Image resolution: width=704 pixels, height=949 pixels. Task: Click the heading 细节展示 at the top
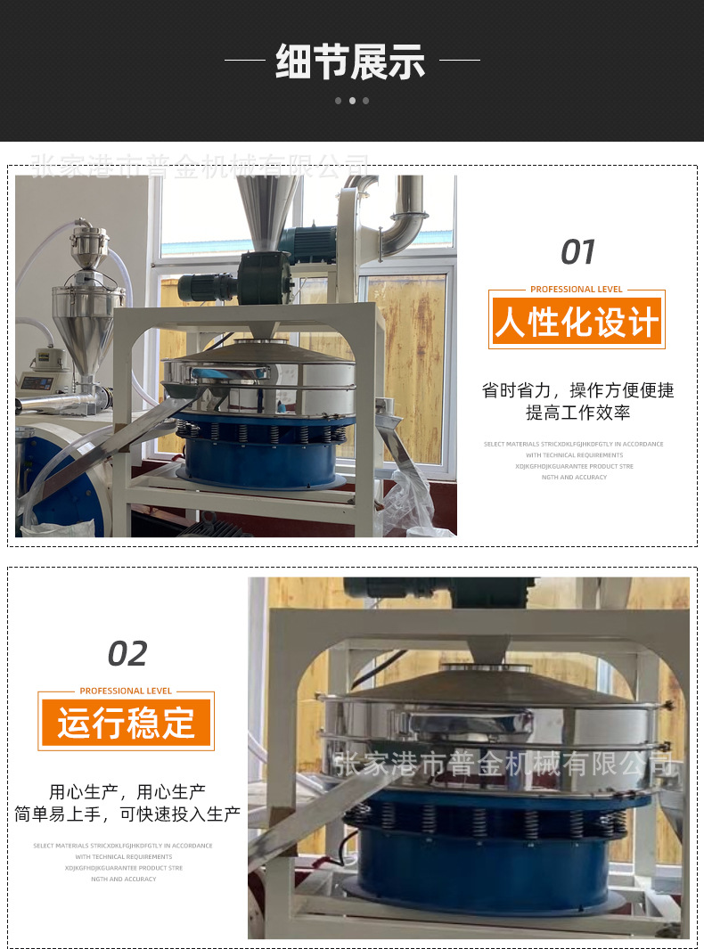tap(351, 61)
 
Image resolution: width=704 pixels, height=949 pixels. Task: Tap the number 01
tap(577, 252)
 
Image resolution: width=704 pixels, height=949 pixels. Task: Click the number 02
tap(127, 654)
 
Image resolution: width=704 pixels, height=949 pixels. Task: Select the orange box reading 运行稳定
tap(126, 723)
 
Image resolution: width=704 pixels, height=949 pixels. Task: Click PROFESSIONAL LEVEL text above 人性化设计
tap(577, 289)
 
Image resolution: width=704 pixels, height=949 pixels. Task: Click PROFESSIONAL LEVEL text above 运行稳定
tap(126, 691)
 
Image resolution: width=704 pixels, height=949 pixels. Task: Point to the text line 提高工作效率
tap(577, 413)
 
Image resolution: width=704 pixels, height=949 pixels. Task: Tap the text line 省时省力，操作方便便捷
tap(577, 390)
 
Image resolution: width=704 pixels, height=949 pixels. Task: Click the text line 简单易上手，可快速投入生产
tap(127, 814)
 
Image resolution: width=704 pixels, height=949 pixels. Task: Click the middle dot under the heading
tap(352, 101)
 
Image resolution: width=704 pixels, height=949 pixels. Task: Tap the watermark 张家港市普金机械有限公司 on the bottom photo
tap(503, 764)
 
